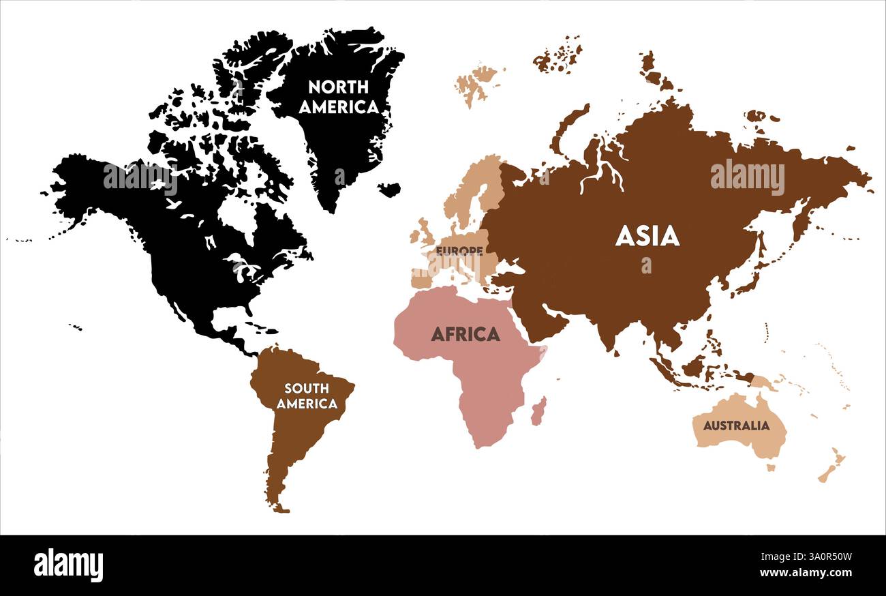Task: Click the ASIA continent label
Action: [647, 236]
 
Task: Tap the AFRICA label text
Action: [465, 334]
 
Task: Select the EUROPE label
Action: [459, 251]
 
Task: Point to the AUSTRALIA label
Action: [736, 426]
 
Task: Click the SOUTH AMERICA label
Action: [307, 396]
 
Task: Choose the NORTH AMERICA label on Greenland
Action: [338, 97]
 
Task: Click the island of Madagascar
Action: [538, 411]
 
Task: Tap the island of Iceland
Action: [389, 189]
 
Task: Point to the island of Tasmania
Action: [771, 468]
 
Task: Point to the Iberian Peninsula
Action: [421, 278]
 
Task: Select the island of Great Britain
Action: [425, 232]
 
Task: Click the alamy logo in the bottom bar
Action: [68, 565]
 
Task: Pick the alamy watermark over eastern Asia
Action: [747, 177]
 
